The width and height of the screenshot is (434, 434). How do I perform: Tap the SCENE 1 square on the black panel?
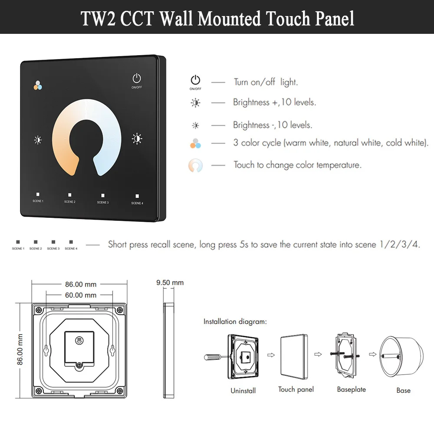point(38,195)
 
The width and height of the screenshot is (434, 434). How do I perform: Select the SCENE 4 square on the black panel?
point(137,196)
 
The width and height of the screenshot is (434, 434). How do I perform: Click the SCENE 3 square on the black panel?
point(103,196)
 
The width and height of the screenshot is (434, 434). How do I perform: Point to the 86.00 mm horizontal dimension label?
point(80,285)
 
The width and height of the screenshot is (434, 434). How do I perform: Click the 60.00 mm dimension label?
point(80,295)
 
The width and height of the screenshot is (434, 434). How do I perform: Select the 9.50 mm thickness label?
point(170,283)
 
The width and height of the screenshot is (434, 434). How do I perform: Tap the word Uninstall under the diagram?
point(243,391)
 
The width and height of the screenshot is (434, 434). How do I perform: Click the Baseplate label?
point(351,389)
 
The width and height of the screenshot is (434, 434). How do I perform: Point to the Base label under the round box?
point(403,391)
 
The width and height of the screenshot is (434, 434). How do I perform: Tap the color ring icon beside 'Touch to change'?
point(195,165)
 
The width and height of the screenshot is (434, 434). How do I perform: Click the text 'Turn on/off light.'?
point(266,82)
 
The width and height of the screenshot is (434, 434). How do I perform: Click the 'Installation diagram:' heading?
point(235,322)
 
